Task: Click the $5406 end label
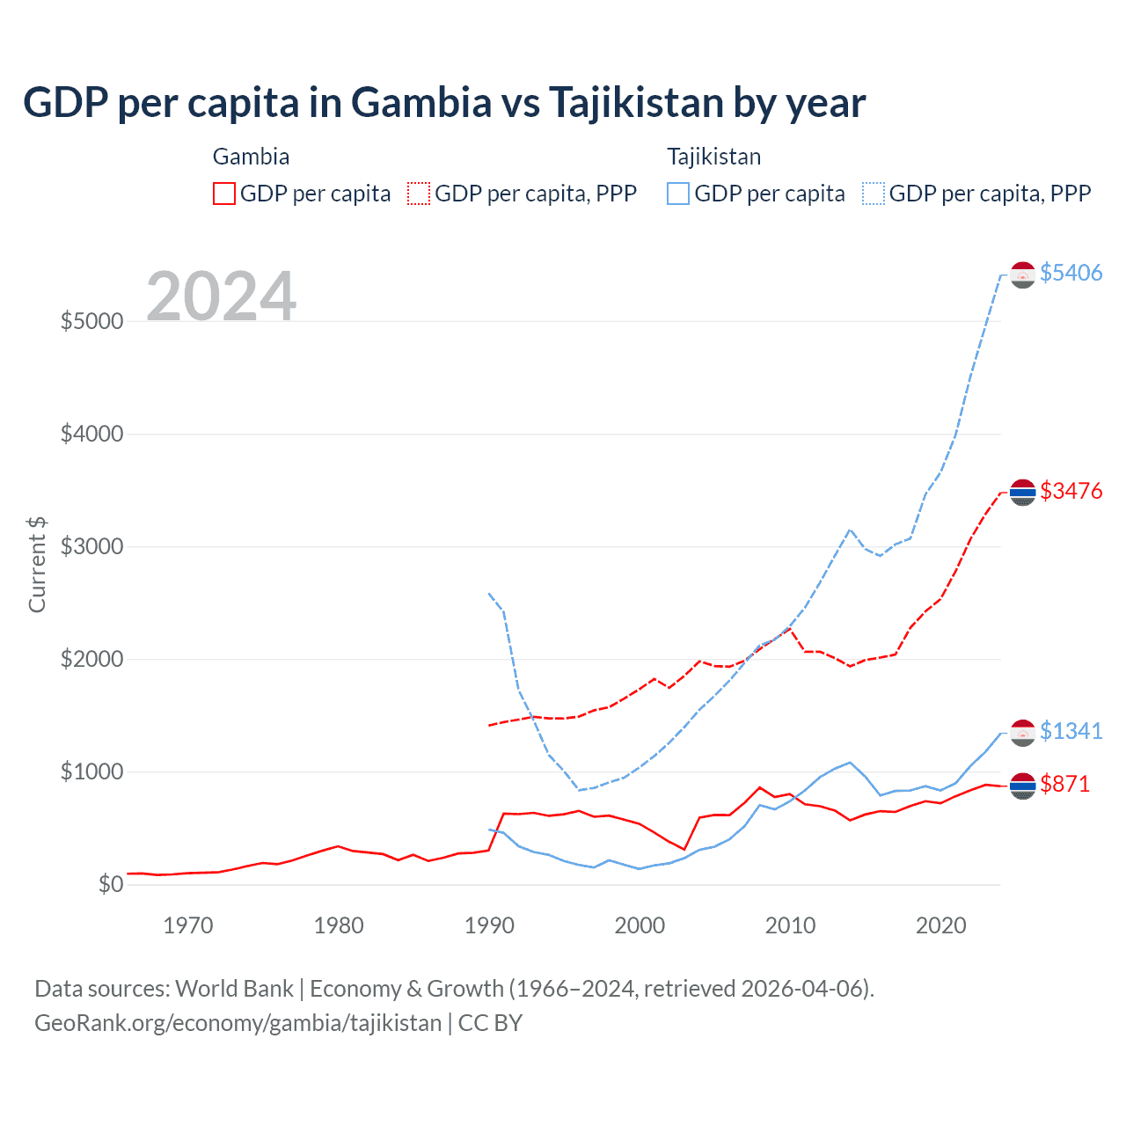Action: point(1071,273)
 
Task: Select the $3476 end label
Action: point(1071,491)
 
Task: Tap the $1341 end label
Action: point(1071,731)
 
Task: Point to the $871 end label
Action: point(1064,784)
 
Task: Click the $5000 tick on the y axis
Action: point(91,321)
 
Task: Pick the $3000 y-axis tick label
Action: point(91,546)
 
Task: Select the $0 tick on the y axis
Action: point(110,884)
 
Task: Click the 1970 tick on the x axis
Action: point(188,925)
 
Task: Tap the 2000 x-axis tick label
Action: point(640,925)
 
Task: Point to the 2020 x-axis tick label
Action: point(940,925)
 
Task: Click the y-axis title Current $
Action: point(37,565)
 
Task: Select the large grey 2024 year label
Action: point(221,296)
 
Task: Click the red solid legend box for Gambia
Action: point(224,194)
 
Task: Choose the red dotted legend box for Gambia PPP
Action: point(419,194)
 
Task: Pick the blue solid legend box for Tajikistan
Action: point(678,194)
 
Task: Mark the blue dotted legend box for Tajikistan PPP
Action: point(874,194)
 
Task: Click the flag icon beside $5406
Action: point(1022,274)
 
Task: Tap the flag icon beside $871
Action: point(1022,786)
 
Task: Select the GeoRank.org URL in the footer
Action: point(238,1023)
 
